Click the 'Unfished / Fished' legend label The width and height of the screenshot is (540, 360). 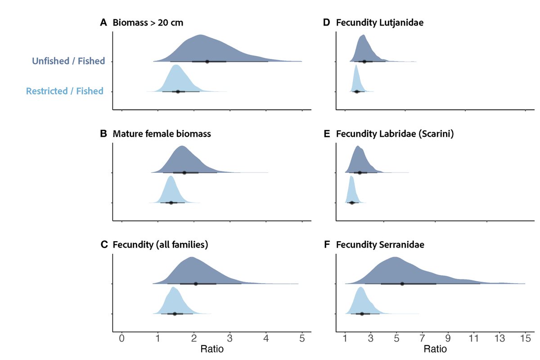click(x=68, y=61)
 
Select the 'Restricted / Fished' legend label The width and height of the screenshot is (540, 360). click(x=64, y=91)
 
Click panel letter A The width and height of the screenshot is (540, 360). click(x=103, y=22)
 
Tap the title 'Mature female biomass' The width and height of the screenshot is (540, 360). click(x=162, y=134)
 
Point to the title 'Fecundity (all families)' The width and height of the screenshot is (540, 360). click(x=160, y=245)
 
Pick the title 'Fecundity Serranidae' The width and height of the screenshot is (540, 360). click(x=380, y=245)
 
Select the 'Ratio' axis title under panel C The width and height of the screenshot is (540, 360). click(x=211, y=349)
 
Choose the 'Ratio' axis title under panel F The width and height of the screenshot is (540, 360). click(x=435, y=349)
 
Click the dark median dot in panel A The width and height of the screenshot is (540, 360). click(x=207, y=61)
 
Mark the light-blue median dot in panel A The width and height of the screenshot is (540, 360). click(x=178, y=91)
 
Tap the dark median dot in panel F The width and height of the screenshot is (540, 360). click(x=402, y=283)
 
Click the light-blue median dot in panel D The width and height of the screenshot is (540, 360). click(x=357, y=91)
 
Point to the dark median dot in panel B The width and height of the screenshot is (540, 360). click(x=184, y=172)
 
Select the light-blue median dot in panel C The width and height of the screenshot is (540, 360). click(x=175, y=314)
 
